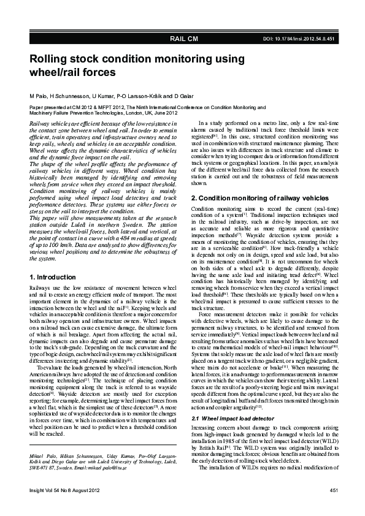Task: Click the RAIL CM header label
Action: click(x=184, y=39)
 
